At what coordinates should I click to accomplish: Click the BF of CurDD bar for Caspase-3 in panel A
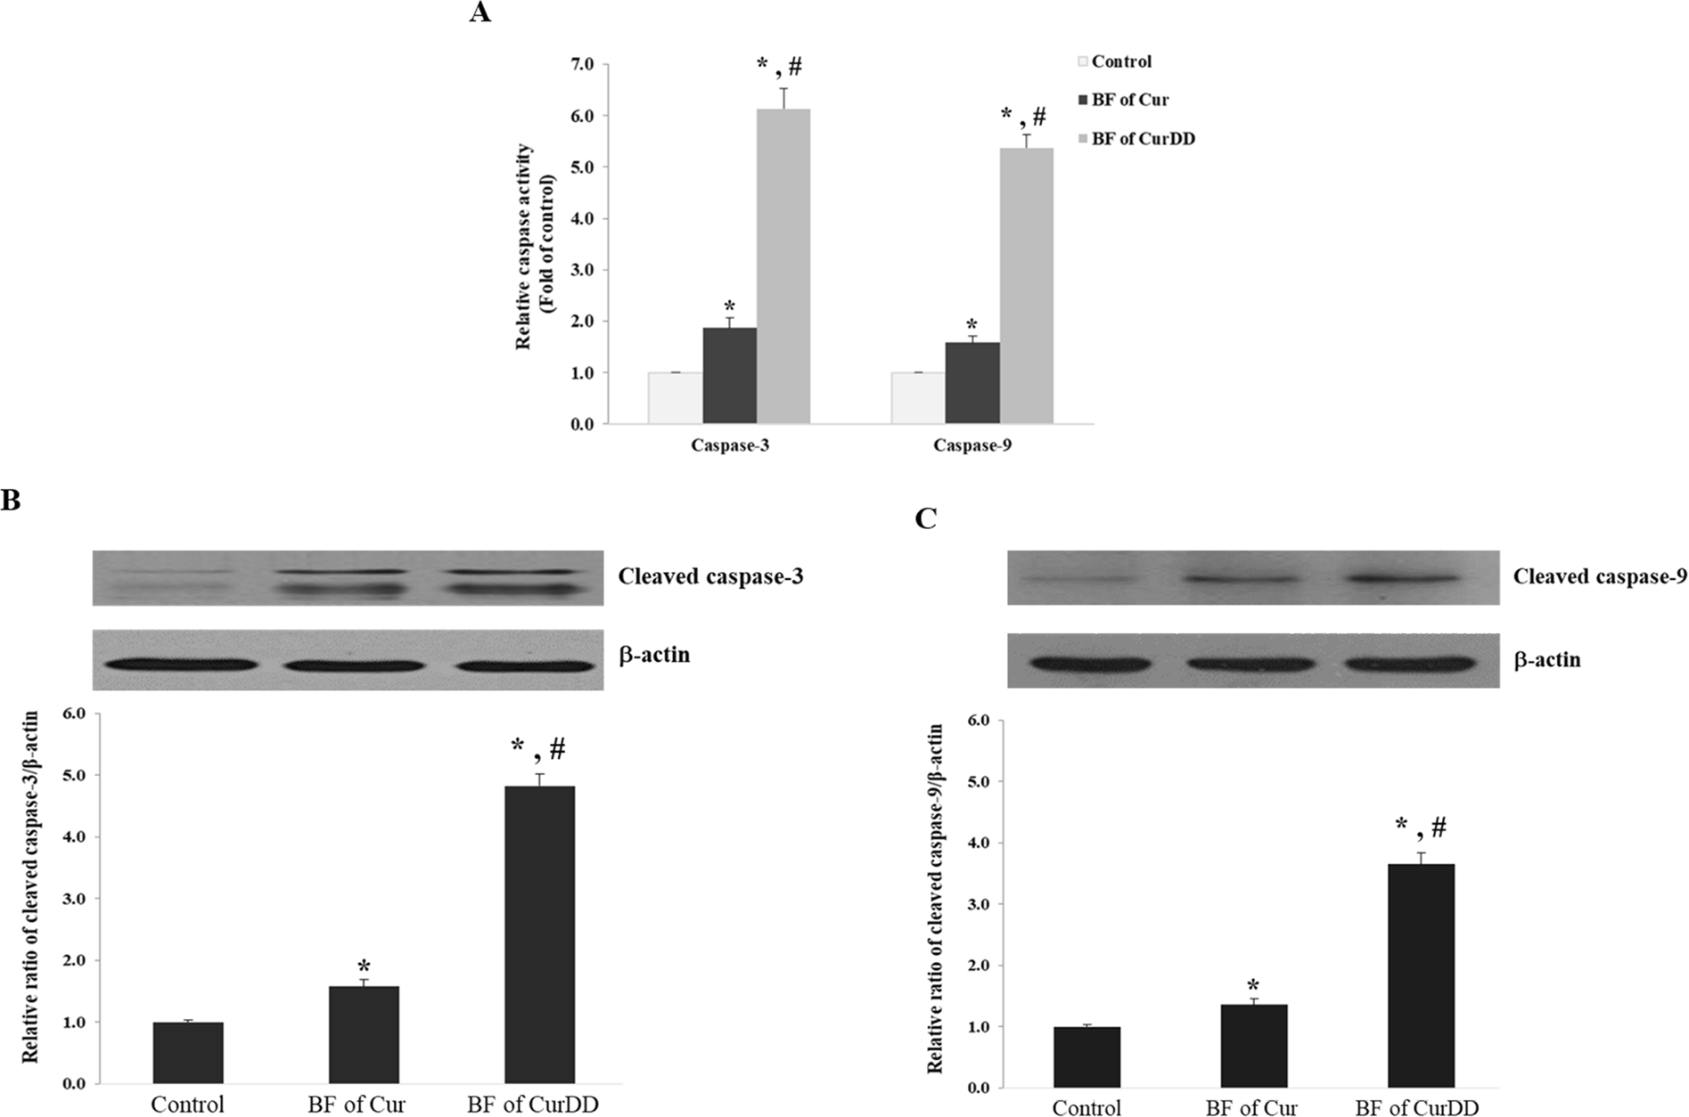[x=783, y=267]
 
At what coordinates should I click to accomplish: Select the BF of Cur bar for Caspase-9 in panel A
[x=972, y=383]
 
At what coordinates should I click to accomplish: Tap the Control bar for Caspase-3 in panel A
[x=675, y=397]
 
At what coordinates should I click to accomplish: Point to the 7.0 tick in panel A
[x=584, y=65]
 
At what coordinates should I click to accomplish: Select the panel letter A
[x=480, y=13]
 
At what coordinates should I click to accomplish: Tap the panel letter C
[x=926, y=518]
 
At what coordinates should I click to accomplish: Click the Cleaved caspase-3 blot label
[x=710, y=576]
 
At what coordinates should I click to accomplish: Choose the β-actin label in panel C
[x=1546, y=660]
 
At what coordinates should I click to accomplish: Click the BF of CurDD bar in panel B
[x=539, y=935]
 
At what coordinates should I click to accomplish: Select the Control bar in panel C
[x=1086, y=1057]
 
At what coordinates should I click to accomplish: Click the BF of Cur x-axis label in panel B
[x=357, y=1105]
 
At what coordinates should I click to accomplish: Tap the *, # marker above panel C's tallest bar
[x=1421, y=828]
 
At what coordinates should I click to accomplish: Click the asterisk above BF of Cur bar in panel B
[x=364, y=966]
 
